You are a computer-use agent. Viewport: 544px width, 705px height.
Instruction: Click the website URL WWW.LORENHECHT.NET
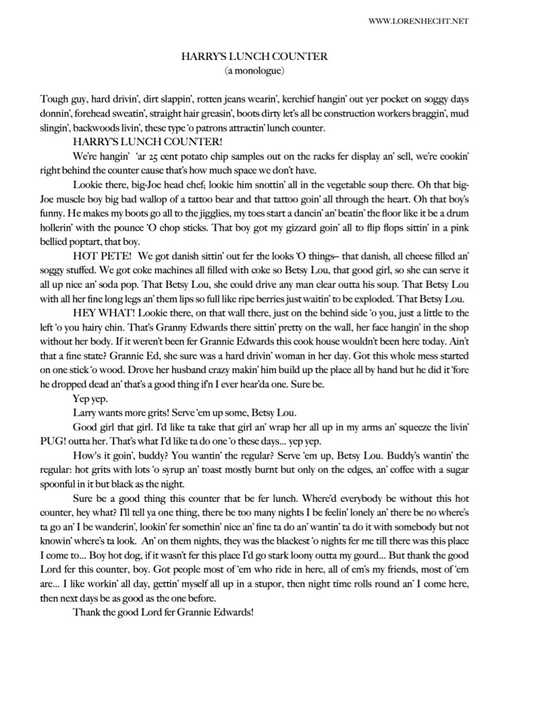coord(419,21)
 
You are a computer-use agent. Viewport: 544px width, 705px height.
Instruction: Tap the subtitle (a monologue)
coord(254,70)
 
